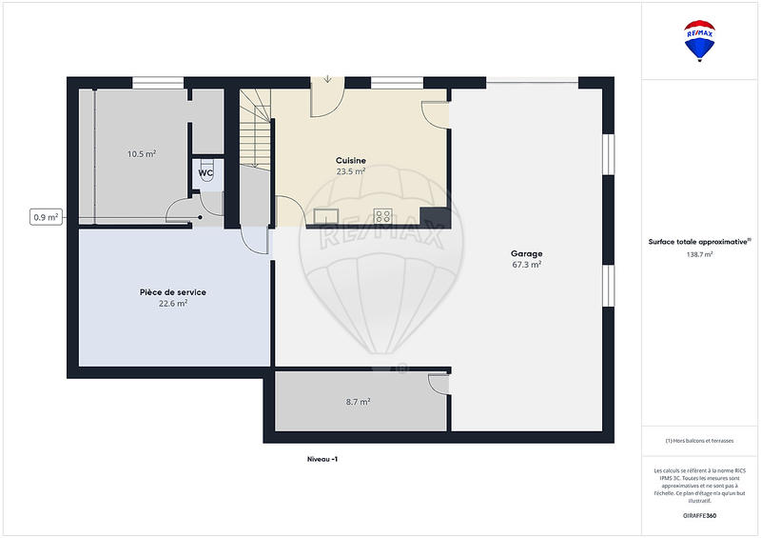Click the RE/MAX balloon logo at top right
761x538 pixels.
(700, 41)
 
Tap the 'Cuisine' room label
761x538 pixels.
(351, 160)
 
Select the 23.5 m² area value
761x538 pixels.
(351, 171)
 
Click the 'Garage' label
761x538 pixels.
(526, 253)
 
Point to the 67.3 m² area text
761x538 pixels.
(526, 265)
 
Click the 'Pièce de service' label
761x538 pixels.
(172, 292)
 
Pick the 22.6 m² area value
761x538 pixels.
(172, 304)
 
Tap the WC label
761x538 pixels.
(205, 173)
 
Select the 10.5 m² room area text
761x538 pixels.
(142, 153)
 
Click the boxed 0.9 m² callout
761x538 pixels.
(46, 217)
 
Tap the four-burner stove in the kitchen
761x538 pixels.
(384, 215)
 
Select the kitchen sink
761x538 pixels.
(326, 215)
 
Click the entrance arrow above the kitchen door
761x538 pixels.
(327, 80)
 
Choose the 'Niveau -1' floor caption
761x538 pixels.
(322, 458)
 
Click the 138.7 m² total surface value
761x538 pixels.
(700, 254)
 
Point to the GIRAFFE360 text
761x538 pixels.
(699, 515)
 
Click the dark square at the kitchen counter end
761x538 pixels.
(436, 218)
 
